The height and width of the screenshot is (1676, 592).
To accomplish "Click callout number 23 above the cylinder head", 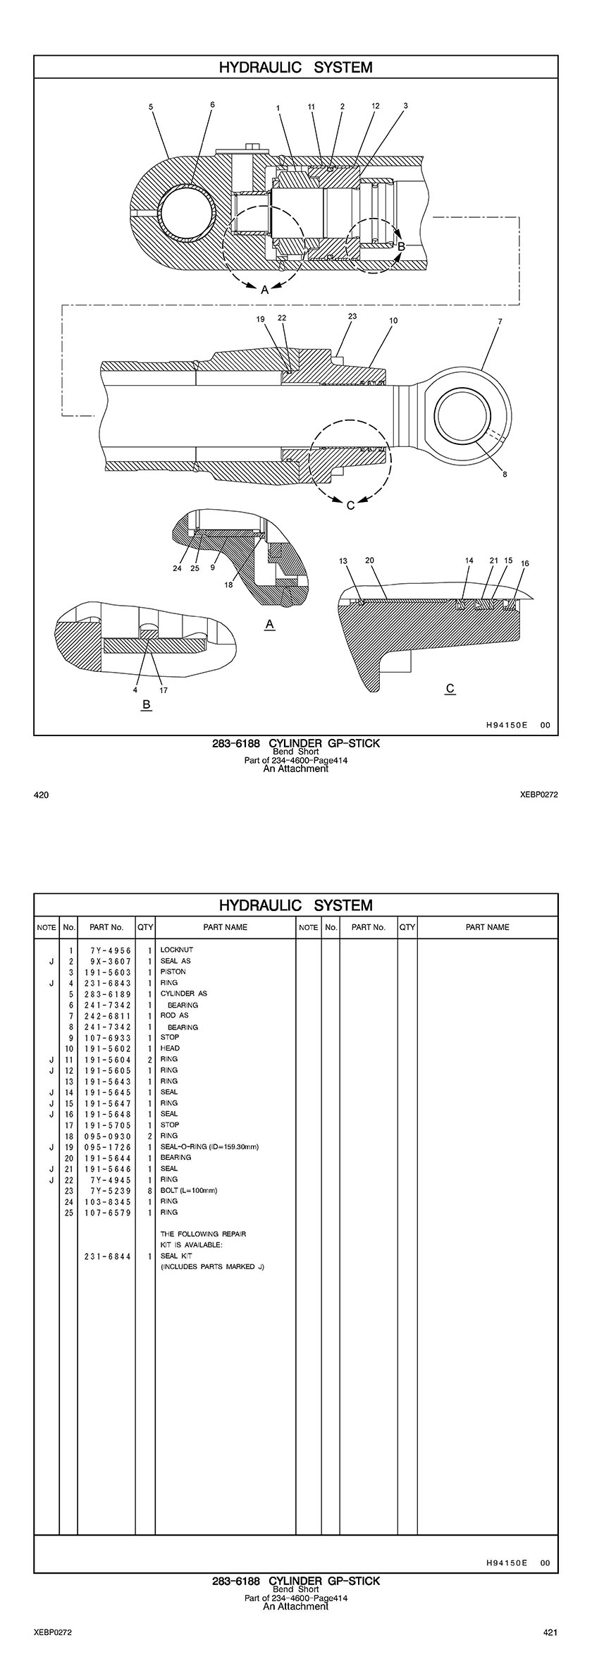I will point(352,317).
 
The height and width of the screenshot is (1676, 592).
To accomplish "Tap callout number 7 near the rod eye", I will point(500,322).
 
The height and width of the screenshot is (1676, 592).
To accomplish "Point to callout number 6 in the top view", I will point(212,104).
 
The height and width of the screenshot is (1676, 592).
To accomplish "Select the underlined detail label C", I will point(450,688).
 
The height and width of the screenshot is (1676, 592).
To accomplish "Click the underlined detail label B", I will point(146,705).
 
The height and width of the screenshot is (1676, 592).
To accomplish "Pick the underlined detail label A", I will point(269,625).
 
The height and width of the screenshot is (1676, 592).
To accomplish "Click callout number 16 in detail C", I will point(524,563).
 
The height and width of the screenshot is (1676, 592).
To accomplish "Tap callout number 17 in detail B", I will point(164,690).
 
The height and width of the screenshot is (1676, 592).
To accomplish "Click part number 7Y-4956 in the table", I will point(106,950).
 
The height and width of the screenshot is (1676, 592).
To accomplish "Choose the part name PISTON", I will point(173,972).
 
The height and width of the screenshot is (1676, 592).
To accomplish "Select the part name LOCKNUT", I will point(176,950).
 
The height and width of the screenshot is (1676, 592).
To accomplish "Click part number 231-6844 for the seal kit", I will point(106,1256).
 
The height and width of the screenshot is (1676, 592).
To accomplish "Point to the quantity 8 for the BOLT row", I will point(150,1190).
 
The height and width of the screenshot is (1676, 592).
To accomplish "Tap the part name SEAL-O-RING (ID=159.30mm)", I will point(209,1146).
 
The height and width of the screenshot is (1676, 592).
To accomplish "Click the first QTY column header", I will point(145,927).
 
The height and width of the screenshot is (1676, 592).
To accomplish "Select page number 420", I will point(42,795).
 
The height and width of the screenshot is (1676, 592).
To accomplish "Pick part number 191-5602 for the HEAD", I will point(106,1048).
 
